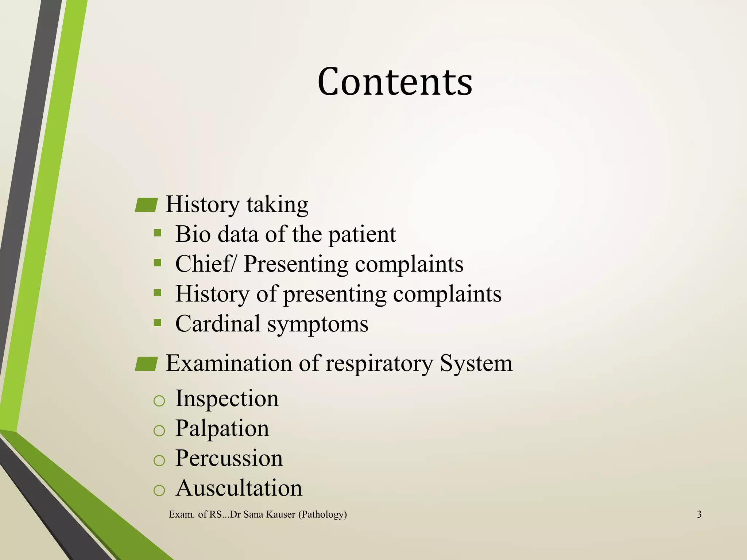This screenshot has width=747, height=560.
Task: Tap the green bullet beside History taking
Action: (x=146, y=205)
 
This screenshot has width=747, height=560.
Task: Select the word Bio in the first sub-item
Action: (x=193, y=234)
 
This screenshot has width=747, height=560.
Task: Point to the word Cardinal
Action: (x=218, y=324)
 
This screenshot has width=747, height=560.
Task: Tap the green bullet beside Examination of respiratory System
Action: (x=146, y=364)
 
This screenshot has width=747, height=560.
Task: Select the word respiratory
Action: (x=379, y=364)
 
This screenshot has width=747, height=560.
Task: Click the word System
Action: (x=476, y=364)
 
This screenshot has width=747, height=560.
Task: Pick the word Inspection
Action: (x=227, y=398)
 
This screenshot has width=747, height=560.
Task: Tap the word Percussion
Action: (x=229, y=458)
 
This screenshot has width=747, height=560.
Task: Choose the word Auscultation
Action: (x=239, y=488)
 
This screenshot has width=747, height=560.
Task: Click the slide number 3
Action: (x=699, y=514)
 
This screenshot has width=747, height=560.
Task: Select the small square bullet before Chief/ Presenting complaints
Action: (x=158, y=262)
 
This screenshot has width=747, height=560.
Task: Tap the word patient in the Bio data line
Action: (x=362, y=235)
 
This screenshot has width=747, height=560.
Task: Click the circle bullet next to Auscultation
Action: (x=159, y=491)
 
